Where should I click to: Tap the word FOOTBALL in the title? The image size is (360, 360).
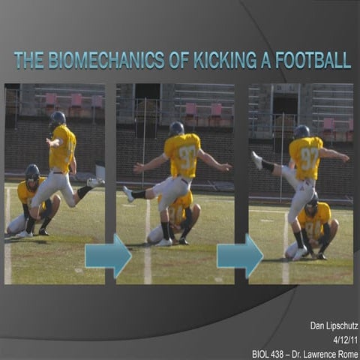pyautogui.click(x=310, y=60)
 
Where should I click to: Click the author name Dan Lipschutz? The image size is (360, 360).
pyautogui.click(x=330, y=325)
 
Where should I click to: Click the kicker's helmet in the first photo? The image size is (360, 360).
pyautogui.click(x=58, y=118)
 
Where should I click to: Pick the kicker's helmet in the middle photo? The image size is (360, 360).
pyautogui.click(x=176, y=128)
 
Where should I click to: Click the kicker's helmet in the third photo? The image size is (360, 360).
pyautogui.click(x=301, y=132)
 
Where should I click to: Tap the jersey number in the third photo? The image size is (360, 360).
pyautogui.click(x=310, y=157)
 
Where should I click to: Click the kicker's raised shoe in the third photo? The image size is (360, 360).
pyautogui.click(x=258, y=160)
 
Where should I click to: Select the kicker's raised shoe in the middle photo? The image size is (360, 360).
pyautogui.click(x=128, y=194)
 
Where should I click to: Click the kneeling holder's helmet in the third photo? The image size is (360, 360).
pyautogui.click(x=311, y=204)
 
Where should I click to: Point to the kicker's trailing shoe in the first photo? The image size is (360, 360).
pyautogui.click(x=94, y=182)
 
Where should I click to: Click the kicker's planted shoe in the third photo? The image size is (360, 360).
pyautogui.click(x=299, y=254)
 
